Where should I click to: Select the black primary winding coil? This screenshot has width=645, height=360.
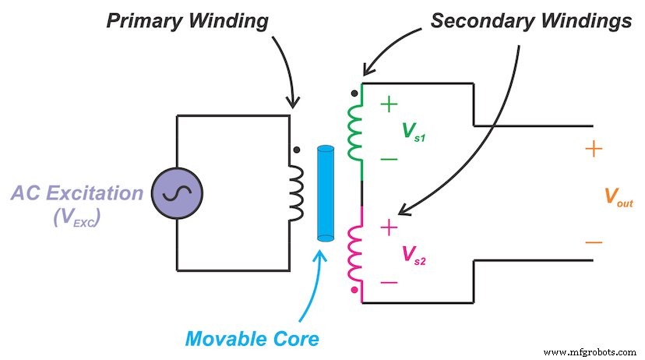[x=298, y=193]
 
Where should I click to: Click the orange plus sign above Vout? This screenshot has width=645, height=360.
[x=594, y=150]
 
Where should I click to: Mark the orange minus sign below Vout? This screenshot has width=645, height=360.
[x=594, y=242]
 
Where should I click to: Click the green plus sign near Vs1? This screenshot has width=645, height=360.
[x=389, y=104]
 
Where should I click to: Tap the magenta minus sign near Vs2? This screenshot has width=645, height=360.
[x=389, y=283]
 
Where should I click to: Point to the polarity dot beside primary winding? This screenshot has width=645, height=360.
[x=296, y=150]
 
